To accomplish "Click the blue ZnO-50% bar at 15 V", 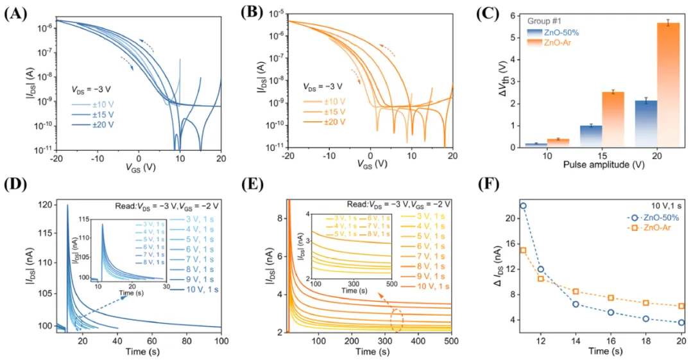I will [590, 136].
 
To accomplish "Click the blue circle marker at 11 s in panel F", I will [523, 206].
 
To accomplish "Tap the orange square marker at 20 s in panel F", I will [681, 306].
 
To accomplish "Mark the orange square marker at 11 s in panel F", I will [523, 250].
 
